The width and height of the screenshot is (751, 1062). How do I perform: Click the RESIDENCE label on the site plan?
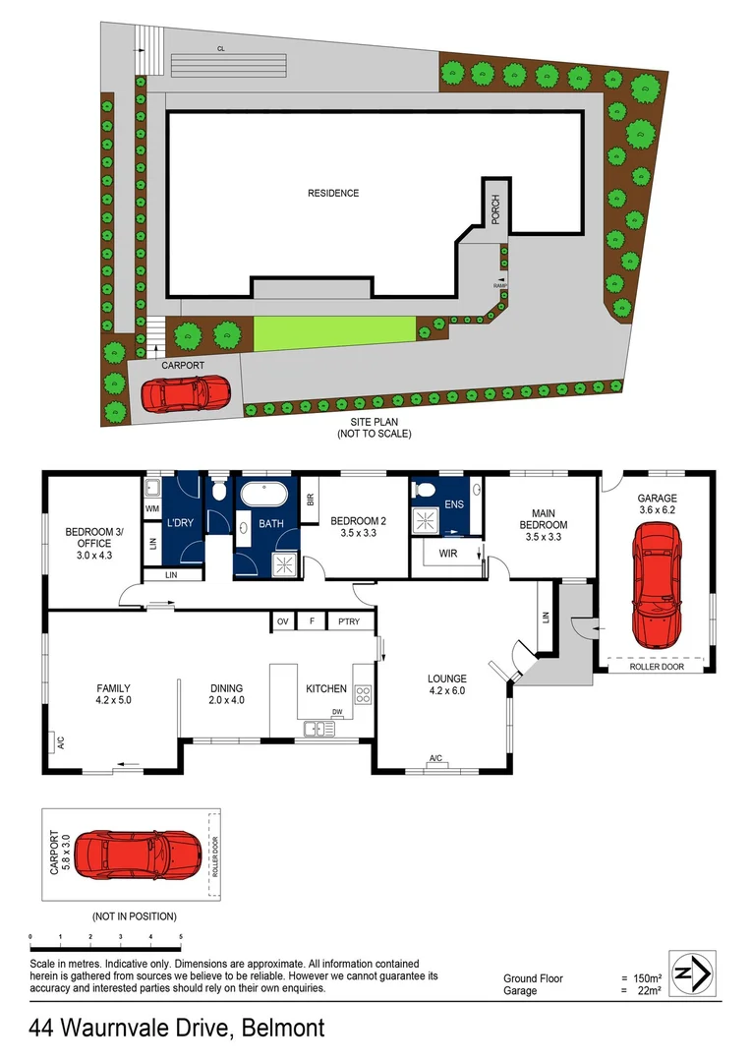333,193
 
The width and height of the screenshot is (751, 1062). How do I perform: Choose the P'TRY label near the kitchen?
347,621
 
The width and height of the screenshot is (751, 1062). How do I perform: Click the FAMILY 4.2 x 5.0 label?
113,694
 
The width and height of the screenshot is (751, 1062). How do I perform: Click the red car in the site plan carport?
185,395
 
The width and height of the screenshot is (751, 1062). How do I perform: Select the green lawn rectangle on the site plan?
334,332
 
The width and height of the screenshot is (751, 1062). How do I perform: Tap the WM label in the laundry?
152,508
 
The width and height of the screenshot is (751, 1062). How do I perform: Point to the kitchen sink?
317,729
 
